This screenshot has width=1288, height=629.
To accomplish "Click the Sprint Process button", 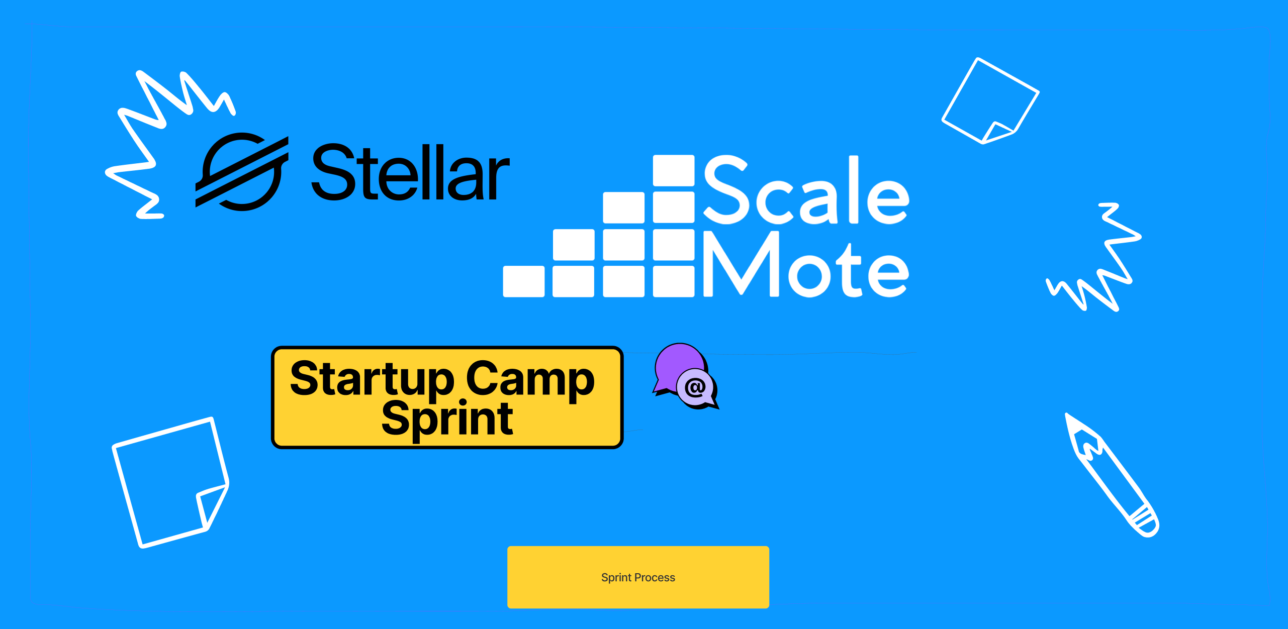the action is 638,577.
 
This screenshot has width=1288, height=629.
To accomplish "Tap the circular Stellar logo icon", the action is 242,172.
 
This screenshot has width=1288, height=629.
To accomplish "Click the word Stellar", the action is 410,172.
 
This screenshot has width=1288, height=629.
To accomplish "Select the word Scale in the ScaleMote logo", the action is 806,190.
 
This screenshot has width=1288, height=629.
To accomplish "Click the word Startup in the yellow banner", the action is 373,379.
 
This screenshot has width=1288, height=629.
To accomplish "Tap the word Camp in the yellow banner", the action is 530,379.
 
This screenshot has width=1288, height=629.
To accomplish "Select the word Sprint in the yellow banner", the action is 447,419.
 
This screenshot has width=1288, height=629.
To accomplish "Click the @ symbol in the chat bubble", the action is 695,387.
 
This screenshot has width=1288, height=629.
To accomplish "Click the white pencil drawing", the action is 1111,474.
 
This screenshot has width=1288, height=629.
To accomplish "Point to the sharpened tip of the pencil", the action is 1067,415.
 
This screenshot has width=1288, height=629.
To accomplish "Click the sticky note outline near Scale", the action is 990,100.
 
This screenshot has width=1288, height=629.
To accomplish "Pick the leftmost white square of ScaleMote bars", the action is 523,281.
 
